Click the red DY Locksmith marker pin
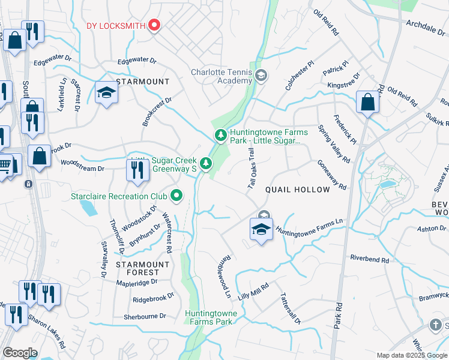point(154,25)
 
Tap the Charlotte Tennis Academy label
point(221,76)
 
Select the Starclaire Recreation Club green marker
point(176,195)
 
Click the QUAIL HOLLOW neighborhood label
point(298,190)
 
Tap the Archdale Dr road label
point(427,26)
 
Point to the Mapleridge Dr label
point(137,281)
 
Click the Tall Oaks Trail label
point(252,171)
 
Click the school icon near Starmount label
point(106,93)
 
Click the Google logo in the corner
point(20,353)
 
